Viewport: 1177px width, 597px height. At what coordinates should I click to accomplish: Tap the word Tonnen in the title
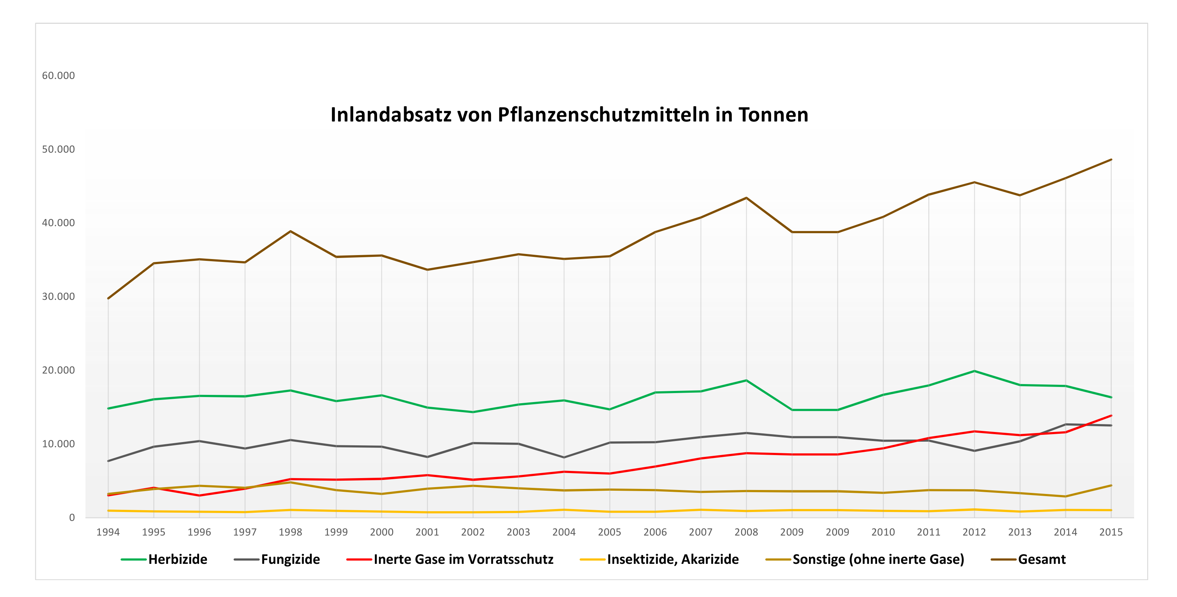(773, 115)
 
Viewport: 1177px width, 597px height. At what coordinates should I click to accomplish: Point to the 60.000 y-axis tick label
(58, 76)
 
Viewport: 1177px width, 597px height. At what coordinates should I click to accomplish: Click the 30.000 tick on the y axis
(58, 297)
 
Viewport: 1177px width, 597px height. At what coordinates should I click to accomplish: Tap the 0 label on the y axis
(72, 517)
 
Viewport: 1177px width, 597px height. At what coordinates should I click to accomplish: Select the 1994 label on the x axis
(108, 532)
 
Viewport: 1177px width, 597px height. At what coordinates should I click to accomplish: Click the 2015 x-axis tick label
(1111, 532)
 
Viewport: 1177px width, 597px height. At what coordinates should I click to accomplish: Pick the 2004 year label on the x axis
(564, 532)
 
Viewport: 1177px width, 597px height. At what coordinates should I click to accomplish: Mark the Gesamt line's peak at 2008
(746, 198)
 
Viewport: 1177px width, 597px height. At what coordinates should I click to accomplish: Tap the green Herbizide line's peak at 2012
(974, 371)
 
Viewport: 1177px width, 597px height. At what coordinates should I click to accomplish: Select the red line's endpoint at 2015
(1111, 416)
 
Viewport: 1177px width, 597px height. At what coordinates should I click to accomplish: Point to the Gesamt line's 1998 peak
(290, 231)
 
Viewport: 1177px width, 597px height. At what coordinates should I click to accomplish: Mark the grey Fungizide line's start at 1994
(108, 461)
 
